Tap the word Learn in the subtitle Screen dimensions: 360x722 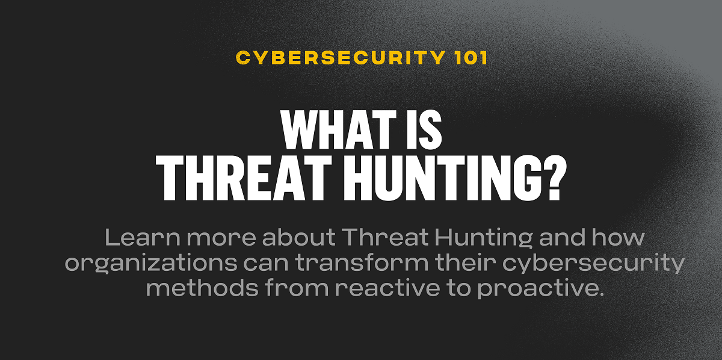pos(142,237)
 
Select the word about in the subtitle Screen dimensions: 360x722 pos(302,237)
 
